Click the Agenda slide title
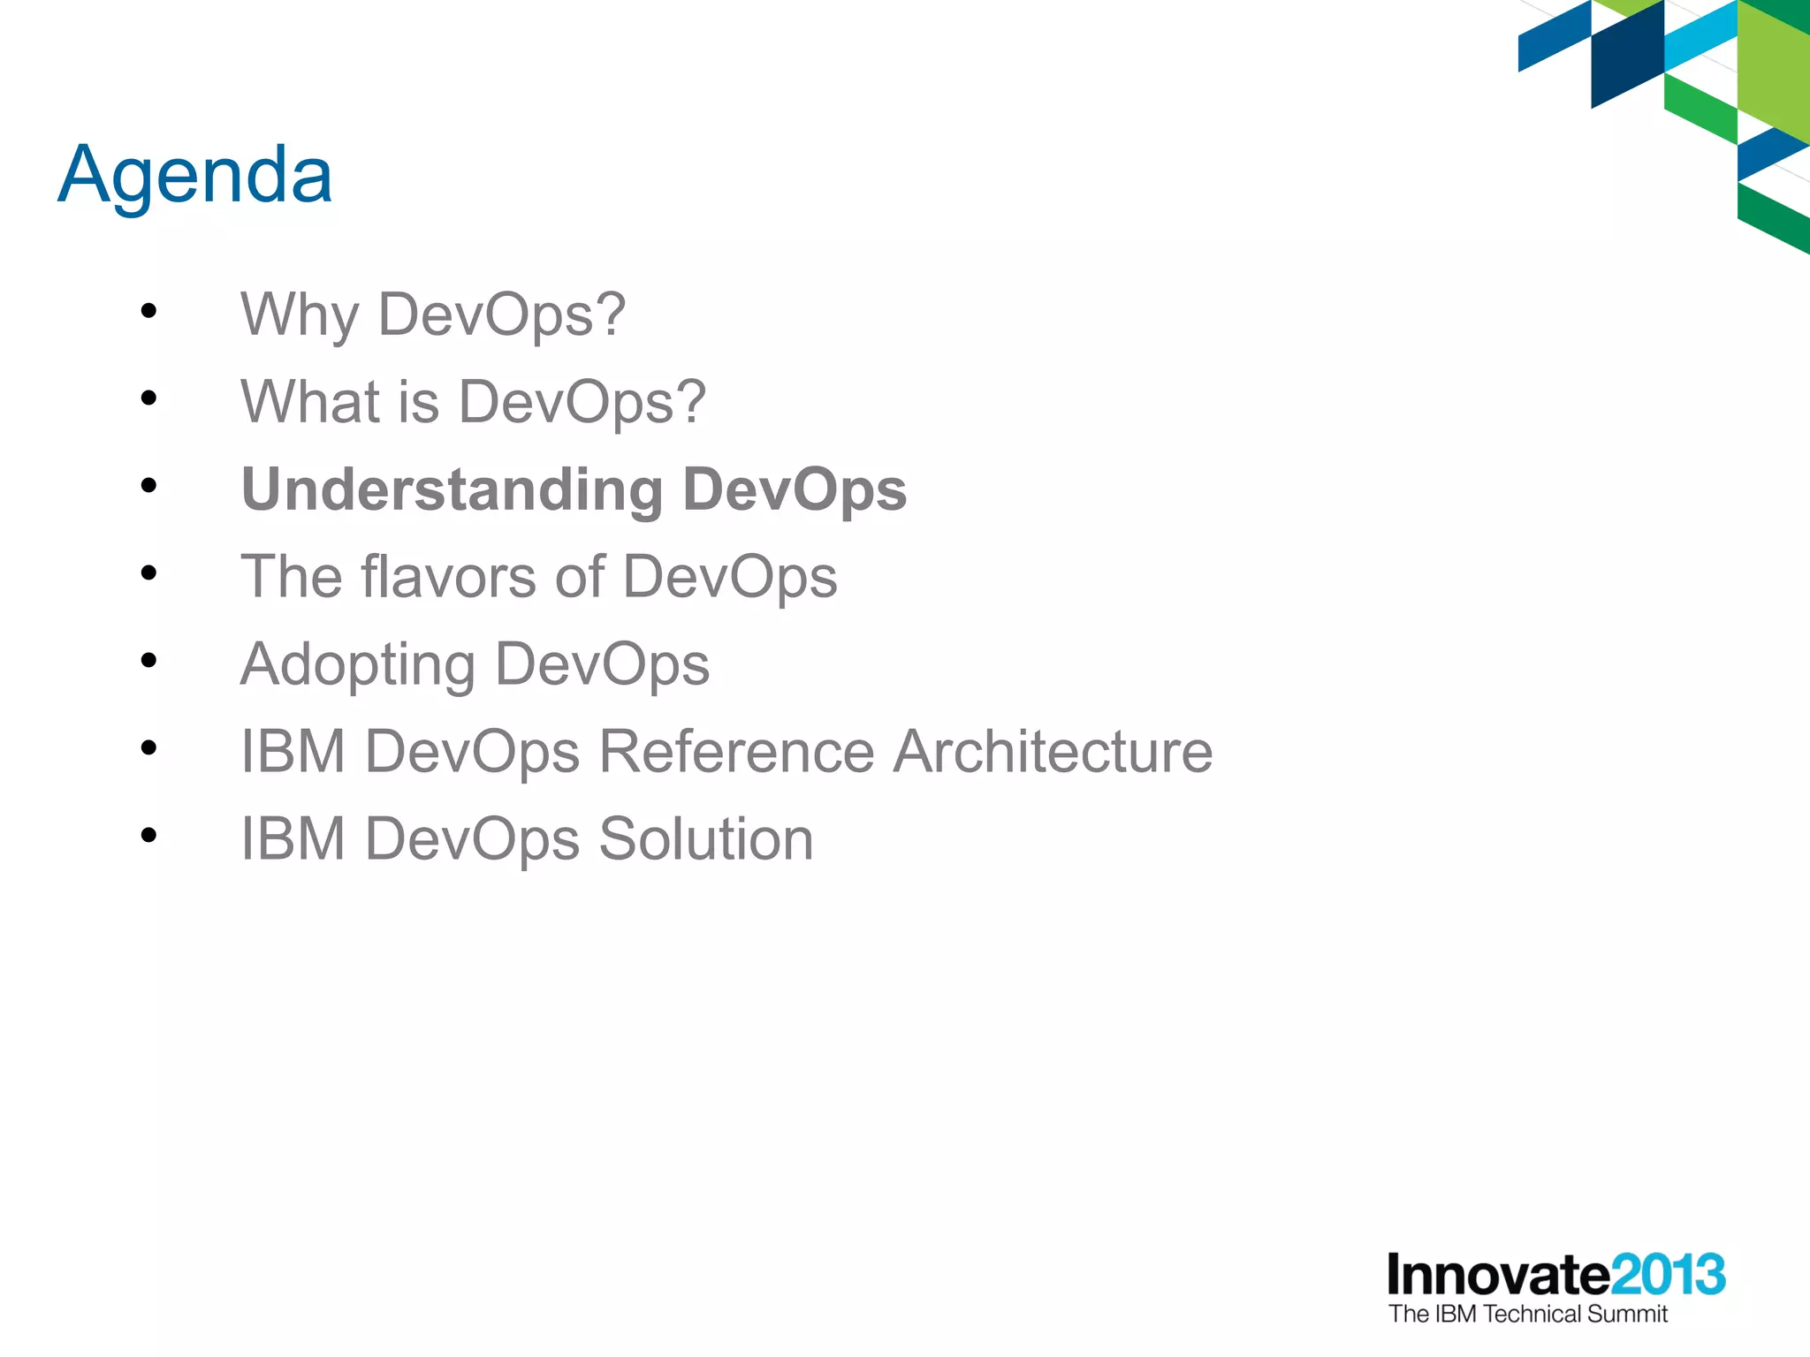click(195, 175)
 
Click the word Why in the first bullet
click(300, 315)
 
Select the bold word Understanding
click(452, 489)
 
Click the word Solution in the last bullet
click(705, 838)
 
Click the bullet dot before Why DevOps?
click(148, 311)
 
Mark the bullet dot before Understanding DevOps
click(148, 485)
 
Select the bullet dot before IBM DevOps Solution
click(148, 835)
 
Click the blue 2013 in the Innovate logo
click(1667, 1275)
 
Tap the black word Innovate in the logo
click(1498, 1275)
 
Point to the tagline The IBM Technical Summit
click(1527, 1315)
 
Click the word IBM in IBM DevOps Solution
click(293, 838)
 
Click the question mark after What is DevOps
click(691, 401)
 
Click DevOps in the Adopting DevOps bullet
click(602, 664)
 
